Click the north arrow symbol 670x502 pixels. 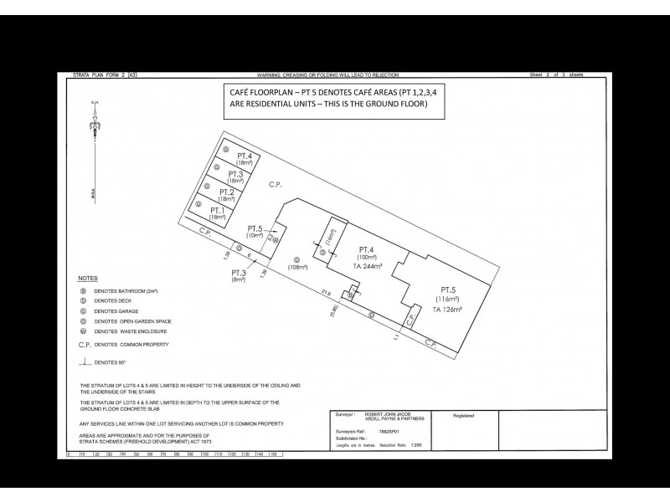pyautogui.click(x=94, y=125)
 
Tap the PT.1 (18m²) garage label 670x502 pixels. pyautogui.click(x=216, y=213)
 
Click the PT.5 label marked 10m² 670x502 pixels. pyautogui.click(x=255, y=232)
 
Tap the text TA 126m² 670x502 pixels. pyautogui.click(x=448, y=309)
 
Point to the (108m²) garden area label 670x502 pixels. pyautogui.click(x=298, y=267)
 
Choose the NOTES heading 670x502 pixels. pyautogui.click(x=88, y=279)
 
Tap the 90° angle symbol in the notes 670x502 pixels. pyautogui.click(x=85, y=361)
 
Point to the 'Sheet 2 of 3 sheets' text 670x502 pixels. pyautogui.click(x=556, y=74)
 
